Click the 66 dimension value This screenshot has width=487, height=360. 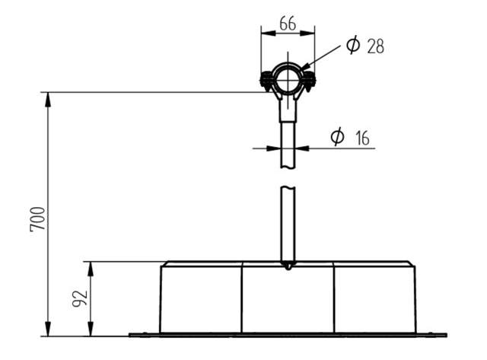[288, 24]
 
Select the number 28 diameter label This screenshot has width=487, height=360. [375, 46]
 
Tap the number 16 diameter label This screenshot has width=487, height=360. [362, 139]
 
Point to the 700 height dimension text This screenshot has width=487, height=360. [38, 219]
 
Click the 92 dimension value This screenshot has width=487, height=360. [80, 299]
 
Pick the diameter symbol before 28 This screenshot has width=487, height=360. [353, 45]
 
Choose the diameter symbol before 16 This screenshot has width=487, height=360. [338, 136]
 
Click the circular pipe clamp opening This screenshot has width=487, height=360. [288, 79]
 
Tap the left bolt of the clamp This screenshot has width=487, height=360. [266, 80]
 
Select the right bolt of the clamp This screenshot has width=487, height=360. [310, 81]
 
